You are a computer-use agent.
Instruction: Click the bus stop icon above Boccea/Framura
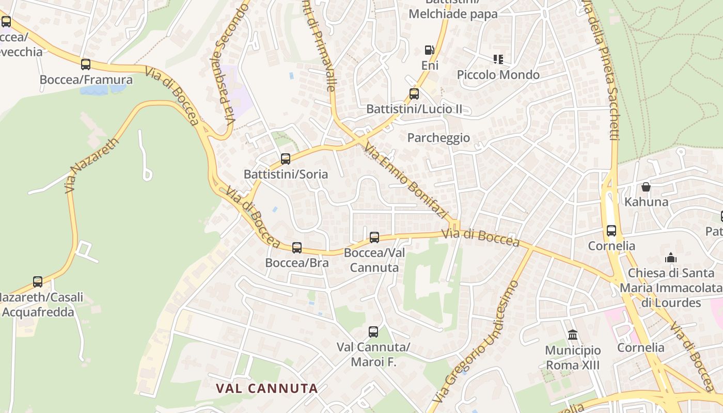tap(86, 65)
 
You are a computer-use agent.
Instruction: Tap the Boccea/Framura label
tap(86, 80)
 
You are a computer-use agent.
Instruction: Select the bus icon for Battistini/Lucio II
tap(414, 94)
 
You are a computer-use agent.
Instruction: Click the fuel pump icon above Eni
tap(429, 50)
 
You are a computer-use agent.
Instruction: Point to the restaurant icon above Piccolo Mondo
tap(498, 59)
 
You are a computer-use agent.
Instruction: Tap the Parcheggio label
tap(438, 138)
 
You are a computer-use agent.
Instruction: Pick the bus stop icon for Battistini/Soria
tap(286, 159)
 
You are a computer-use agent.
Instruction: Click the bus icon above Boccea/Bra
tap(297, 248)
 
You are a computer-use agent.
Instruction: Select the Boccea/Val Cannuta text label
tap(374, 260)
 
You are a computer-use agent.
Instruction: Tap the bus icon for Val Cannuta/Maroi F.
tap(373, 332)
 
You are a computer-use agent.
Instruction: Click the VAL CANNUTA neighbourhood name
tap(266, 388)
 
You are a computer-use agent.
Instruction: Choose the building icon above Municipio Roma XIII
tap(573, 335)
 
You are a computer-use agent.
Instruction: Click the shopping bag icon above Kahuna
tap(646, 186)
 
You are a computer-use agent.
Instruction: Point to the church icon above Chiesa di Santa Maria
tap(671, 257)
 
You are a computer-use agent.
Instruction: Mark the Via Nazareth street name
tap(92, 165)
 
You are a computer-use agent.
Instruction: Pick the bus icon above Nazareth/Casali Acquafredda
tap(38, 282)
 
